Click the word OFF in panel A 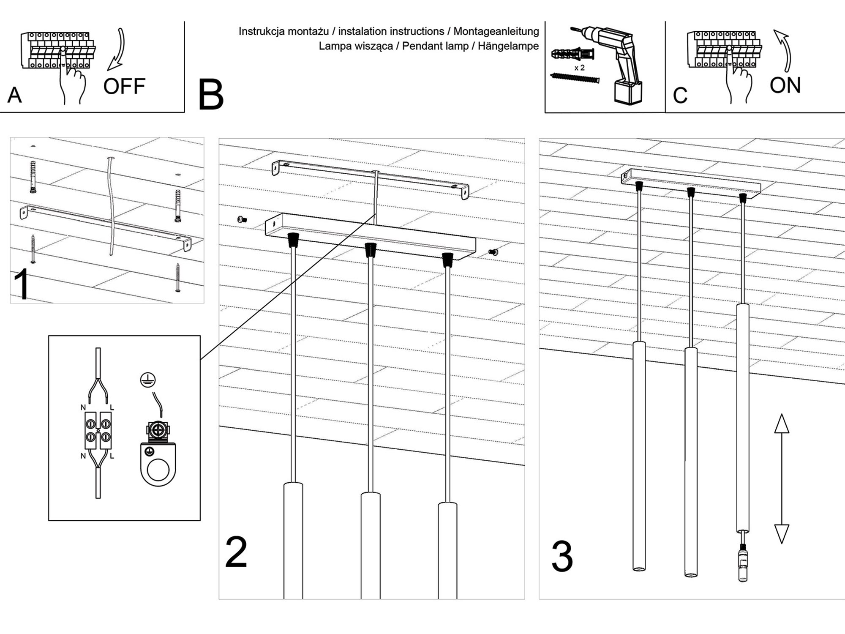tap(124, 87)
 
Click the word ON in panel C tap(785, 85)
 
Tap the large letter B tap(211, 96)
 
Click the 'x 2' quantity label tap(580, 68)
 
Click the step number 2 tap(236, 552)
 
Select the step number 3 tap(562, 557)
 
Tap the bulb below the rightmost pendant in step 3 tap(743, 564)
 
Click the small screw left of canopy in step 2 tap(242, 219)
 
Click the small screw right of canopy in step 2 tap(493, 252)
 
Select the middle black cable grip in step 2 tap(371, 250)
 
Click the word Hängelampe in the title tap(508, 46)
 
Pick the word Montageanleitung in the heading tap(496, 31)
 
